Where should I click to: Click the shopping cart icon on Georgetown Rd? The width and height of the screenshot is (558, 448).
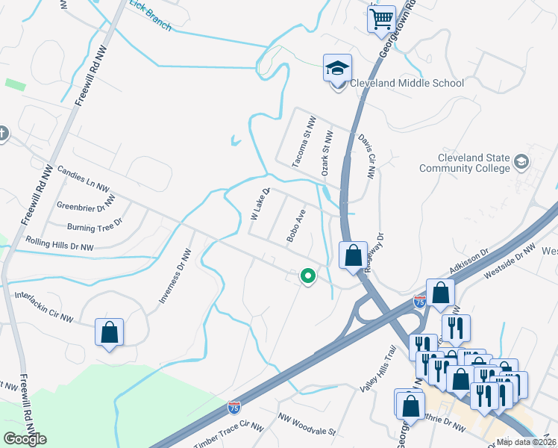click(x=381, y=18)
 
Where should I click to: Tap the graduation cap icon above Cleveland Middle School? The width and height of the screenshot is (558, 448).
click(x=337, y=68)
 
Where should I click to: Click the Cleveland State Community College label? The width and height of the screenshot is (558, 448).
click(x=474, y=164)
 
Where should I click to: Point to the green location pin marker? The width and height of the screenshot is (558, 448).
click(x=307, y=276)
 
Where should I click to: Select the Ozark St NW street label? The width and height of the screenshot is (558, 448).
click(x=325, y=152)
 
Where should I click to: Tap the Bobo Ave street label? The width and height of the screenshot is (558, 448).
click(x=296, y=225)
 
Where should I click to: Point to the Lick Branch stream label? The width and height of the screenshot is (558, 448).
click(x=150, y=16)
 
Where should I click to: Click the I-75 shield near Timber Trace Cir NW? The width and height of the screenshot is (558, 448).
click(x=234, y=408)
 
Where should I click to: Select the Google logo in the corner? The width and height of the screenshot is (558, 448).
click(x=25, y=439)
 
